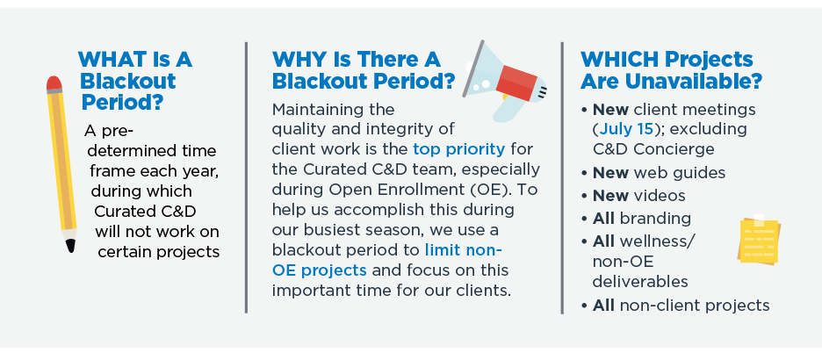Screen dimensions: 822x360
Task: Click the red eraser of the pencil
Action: (54, 83)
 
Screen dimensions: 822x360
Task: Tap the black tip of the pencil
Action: (70, 246)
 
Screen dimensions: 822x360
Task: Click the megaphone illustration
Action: (505, 81)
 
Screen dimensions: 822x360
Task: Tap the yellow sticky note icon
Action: (759, 241)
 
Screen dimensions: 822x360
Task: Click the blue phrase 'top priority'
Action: (458, 150)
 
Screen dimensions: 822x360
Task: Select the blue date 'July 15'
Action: (626, 129)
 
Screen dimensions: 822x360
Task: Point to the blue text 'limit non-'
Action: (464, 249)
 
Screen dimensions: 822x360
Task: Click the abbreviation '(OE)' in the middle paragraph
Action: (501, 190)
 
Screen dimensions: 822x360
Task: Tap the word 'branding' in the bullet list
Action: (655, 218)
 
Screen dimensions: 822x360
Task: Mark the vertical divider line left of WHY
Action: (246, 177)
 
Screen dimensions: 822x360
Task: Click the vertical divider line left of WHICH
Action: (562, 177)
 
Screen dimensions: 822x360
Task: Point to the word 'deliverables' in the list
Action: (640, 281)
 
